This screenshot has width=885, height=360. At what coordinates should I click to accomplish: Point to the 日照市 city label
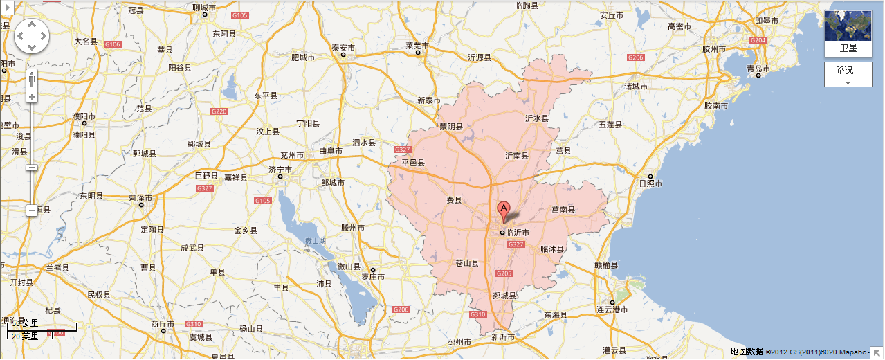(x=650, y=183)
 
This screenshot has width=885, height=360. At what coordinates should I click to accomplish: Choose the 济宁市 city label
(x=280, y=169)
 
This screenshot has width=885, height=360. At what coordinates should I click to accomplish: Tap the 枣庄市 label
(x=373, y=277)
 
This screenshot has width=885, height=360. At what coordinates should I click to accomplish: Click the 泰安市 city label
(x=343, y=48)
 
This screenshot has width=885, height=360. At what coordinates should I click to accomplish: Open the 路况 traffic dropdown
(x=848, y=74)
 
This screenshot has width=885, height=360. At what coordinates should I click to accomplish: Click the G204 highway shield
(x=758, y=41)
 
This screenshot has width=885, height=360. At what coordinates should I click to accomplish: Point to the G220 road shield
(x=219, y=111)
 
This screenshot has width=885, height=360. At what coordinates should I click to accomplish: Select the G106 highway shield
(x=112, y=44)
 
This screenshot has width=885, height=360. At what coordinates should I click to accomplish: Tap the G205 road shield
(x=504, y=274)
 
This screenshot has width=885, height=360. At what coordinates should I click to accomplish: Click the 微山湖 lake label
(x=316, y=241)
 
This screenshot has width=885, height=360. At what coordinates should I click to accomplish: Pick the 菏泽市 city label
(x=141, y=197)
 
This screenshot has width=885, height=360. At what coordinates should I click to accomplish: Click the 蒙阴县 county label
(x=450, y=127)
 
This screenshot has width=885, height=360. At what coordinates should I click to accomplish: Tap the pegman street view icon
(x=32, y=78)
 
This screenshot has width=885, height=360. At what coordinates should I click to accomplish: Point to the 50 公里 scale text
(x=26, y=323)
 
